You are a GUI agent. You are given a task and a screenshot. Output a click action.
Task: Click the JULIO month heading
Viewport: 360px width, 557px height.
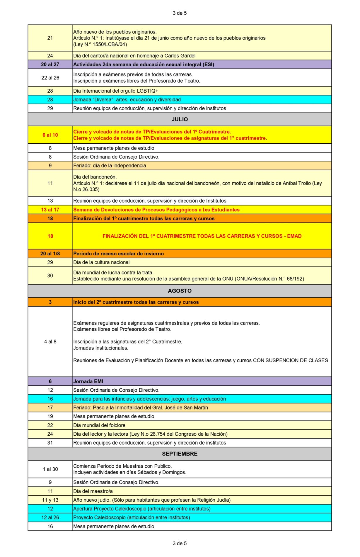click(180, 119)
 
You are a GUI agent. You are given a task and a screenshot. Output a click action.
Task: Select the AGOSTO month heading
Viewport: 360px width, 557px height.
click(180, 291)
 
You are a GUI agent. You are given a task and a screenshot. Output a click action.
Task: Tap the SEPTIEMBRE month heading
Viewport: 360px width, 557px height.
click(180, 454)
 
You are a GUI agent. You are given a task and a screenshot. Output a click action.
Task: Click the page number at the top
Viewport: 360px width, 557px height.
click(180, 13)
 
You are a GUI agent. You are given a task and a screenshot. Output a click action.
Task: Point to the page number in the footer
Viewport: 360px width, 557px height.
click(180, 543)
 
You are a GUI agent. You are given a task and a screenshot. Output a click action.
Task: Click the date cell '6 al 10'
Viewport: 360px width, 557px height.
click(50, 135)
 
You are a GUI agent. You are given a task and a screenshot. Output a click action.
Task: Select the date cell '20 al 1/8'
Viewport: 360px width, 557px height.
click(50, 254)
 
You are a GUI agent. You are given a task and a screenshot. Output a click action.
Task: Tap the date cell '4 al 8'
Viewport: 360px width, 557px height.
click(50, 342)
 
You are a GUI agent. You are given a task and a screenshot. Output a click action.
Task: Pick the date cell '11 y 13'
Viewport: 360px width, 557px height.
click(50, 500)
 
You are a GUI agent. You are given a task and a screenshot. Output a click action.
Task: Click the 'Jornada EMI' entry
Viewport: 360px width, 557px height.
click(88, 381)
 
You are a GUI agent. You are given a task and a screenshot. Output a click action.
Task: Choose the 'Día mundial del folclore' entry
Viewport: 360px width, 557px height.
click(99, 425)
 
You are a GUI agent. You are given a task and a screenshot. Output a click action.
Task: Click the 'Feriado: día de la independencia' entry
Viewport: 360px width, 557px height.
click(110, 166)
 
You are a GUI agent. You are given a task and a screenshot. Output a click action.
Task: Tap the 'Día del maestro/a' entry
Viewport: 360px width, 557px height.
click(93, 491)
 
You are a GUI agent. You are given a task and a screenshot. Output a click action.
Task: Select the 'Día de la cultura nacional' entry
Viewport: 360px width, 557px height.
click(101, 262)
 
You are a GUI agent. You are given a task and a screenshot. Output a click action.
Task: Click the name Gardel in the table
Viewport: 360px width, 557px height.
click(187, 56)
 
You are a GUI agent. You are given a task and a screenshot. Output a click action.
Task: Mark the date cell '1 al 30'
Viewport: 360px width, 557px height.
click(50, 469)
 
